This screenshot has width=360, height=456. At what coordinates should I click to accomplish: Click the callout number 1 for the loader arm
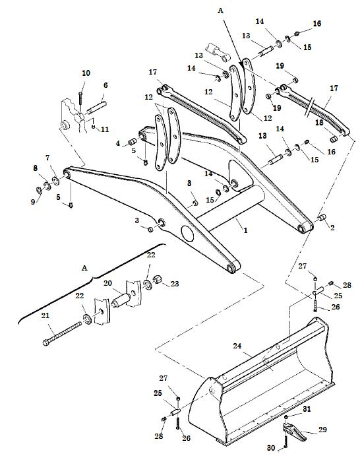pos(245,230)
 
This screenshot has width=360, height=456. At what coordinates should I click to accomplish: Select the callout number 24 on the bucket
pos(237,346)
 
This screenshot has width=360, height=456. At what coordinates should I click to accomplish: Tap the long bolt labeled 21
pos(63,333)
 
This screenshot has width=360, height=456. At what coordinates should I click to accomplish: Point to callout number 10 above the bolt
pos(86,73)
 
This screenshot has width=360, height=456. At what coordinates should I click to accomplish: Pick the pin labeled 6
pos(96,108)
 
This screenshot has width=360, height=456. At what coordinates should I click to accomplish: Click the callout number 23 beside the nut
pos(174,284)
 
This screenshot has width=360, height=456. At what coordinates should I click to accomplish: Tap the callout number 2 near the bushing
pos(332,228)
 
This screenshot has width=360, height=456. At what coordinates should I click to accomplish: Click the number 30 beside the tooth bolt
pos(270,447)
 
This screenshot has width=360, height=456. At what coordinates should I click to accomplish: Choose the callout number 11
pos(105,129)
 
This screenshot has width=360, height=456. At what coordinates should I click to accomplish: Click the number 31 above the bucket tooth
pos(307,409)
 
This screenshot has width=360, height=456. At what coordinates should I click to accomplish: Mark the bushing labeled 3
pos(150,230)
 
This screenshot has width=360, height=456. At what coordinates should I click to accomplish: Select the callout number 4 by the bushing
pos(117,143)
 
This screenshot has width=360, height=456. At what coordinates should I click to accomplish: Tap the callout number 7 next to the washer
pos(47,158)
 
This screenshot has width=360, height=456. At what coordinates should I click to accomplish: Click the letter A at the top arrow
pos(220,11)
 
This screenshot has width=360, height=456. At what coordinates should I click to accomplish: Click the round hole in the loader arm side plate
pos(187,234)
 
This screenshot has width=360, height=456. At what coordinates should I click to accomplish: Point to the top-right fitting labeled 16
pos(297,34)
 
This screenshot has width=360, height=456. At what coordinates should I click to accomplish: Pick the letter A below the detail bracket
pos(84,268)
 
